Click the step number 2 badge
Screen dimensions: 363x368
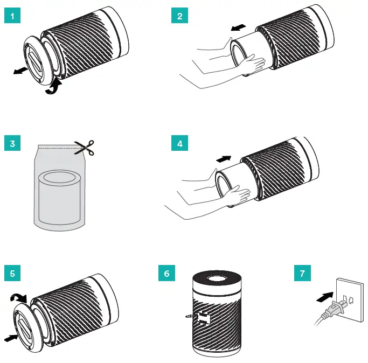[179, 16]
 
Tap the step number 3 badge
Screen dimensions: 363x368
[11, 144]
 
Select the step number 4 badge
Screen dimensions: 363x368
[179, 144]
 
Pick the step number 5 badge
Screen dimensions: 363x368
[11, 273]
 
